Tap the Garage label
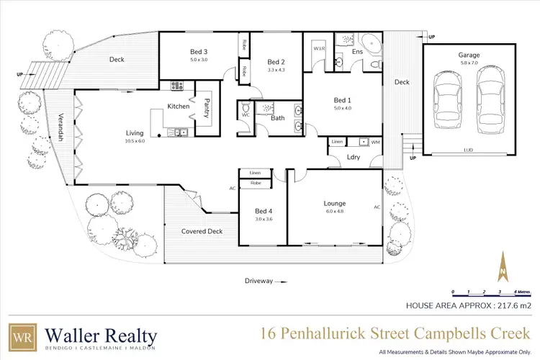[x=469, y=55]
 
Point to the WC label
[x=245, y=114]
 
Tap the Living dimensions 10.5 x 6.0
[x=135, y=141]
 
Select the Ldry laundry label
[x=353, y=157]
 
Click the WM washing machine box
[x=375, y=143]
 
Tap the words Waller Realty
[x=100, y=335]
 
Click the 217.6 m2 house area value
[x=513, y=305]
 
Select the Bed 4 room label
[x=264, y=211]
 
